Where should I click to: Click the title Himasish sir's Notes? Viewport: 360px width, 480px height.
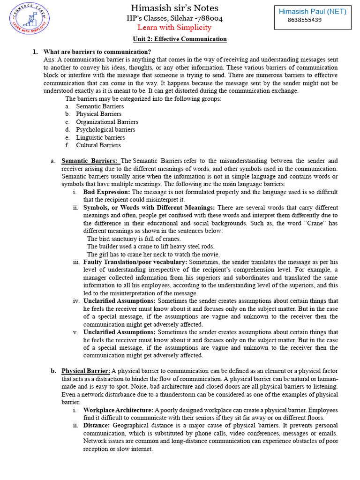174,8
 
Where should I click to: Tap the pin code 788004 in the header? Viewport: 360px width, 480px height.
207,18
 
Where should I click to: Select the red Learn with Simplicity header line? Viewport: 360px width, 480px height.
174,28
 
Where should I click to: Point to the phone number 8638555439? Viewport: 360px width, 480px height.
304,20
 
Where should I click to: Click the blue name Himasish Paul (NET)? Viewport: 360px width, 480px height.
313,12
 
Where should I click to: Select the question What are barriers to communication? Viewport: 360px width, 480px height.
97,52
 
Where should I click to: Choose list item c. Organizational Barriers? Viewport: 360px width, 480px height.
107,122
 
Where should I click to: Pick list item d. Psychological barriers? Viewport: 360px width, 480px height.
105,129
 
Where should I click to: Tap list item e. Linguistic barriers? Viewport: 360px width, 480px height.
100,137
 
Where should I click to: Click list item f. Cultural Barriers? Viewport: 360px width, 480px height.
98,145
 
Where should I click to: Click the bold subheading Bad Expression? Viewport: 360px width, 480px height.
107,192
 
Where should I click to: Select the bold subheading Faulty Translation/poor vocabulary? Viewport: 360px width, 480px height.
135,262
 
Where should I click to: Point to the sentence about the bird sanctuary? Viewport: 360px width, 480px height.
134,239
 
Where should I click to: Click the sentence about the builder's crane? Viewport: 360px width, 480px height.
150,247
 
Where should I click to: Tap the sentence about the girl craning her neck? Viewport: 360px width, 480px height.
153,255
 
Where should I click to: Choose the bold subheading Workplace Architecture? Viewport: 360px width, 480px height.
118,410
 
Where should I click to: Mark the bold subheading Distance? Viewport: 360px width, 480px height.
97,426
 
